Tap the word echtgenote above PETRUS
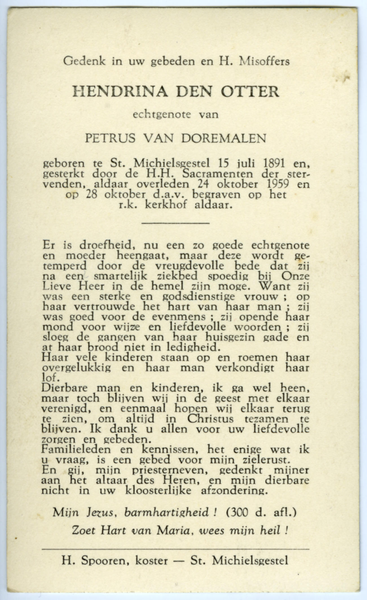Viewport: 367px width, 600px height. (162, 115)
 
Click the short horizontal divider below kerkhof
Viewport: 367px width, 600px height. (175, 223)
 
